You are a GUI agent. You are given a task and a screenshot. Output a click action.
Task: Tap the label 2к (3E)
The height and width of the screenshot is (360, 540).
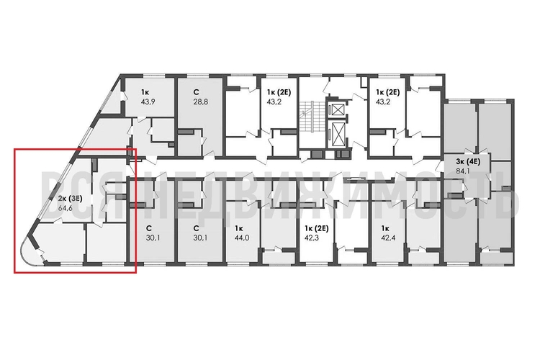tap(70, 198)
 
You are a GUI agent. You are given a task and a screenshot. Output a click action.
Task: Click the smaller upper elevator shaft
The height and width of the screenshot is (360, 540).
tap(336, 110)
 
